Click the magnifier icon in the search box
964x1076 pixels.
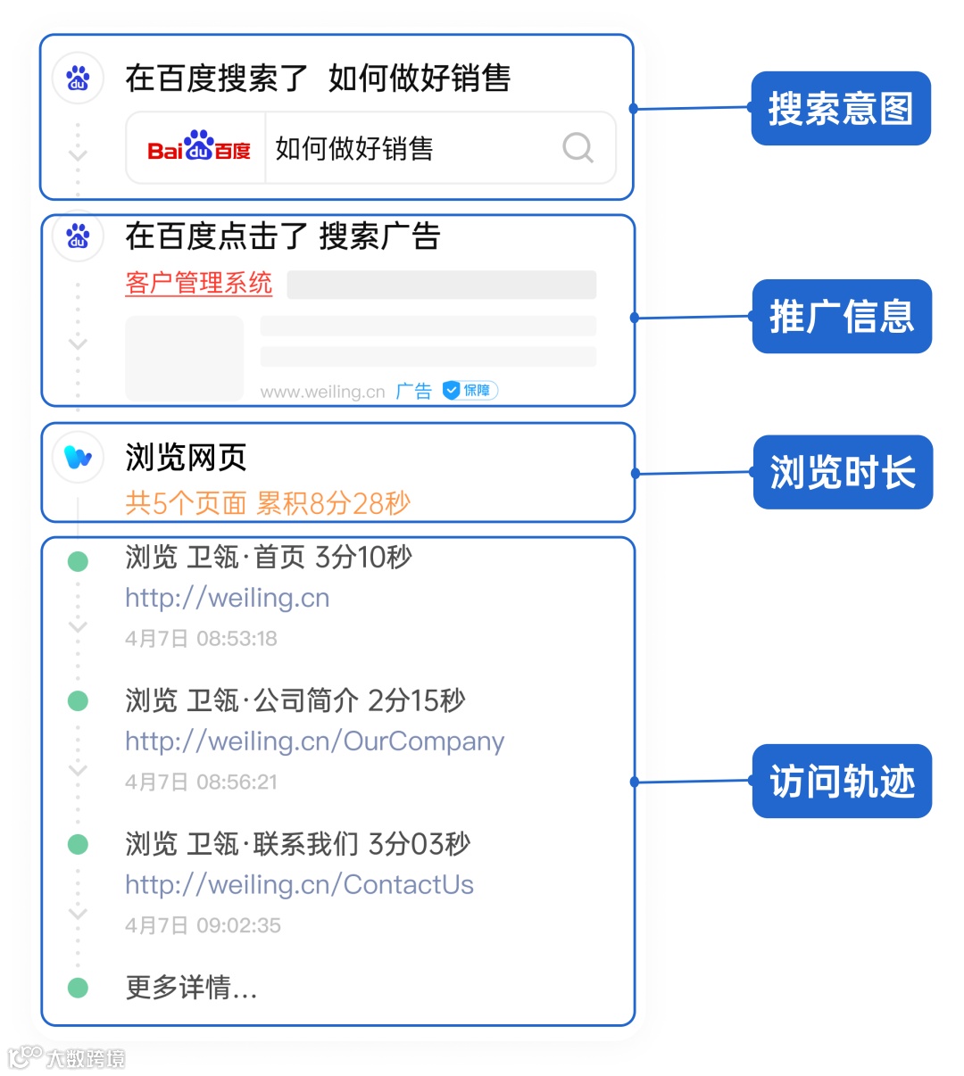(578, 147)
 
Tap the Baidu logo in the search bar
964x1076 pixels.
(198, 148)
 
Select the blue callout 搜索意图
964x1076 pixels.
(841, 109)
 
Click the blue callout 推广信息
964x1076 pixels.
(842, 317)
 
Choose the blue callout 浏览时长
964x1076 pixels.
(843, 473)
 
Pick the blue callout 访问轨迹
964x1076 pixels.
(842, 782)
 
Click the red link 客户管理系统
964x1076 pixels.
(198, 284)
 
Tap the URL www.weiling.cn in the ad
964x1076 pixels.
(322, 392)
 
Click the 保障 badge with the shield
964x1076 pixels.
(470, 391)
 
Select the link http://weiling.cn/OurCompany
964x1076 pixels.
(314, 741)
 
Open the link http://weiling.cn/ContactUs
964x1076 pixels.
(299, 885)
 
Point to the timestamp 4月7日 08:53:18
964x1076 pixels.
(201, 639)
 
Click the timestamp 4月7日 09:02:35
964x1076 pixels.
(203, 925)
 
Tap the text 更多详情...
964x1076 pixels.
(191, 988)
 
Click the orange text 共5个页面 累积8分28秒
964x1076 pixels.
(268, 503)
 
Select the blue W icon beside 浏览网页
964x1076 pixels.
(79, 458)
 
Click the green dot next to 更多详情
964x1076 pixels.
(79, 988)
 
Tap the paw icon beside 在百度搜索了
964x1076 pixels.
(79, 79)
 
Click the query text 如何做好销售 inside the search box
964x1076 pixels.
(354, 148)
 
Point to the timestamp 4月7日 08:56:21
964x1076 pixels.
(201, 782)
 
